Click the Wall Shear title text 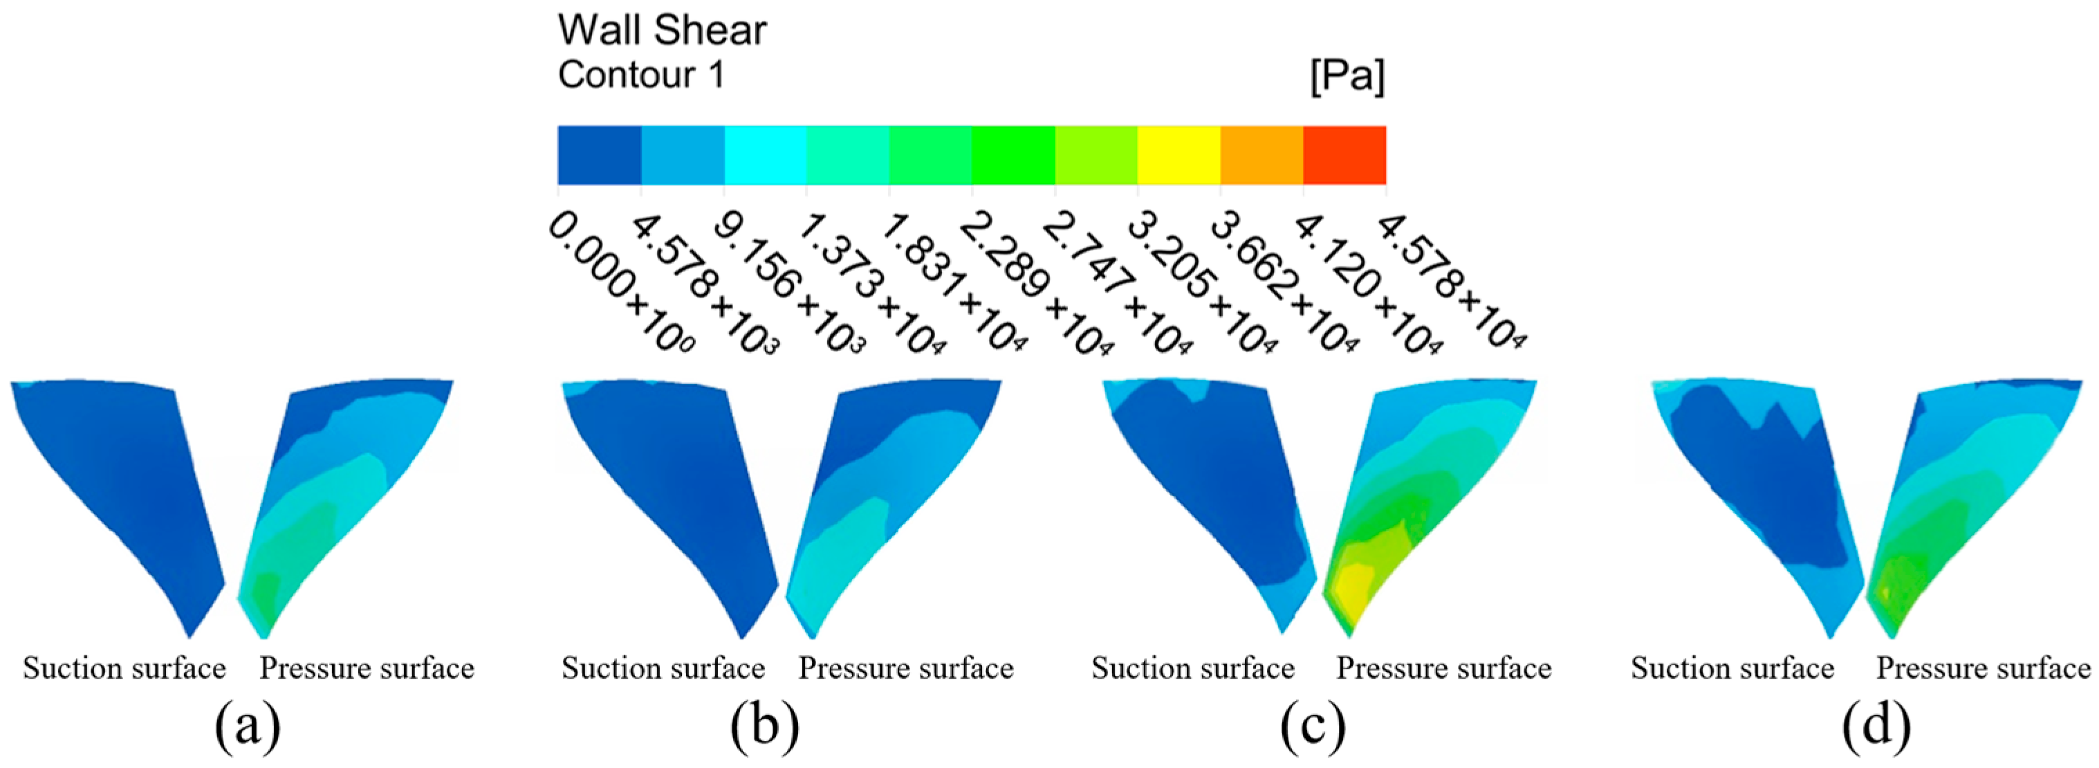662,31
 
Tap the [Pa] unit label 1347,77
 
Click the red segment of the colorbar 1344,155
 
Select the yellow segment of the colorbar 1178,155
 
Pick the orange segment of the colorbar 1261,155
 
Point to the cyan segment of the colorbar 765,155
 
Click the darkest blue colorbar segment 599,155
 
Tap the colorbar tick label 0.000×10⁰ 619,282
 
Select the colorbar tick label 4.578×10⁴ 1449,282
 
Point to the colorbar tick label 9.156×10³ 786,282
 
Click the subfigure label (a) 248,726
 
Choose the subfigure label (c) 1313,726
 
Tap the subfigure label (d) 1876,726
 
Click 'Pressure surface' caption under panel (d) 1984,668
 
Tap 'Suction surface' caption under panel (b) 663,668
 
